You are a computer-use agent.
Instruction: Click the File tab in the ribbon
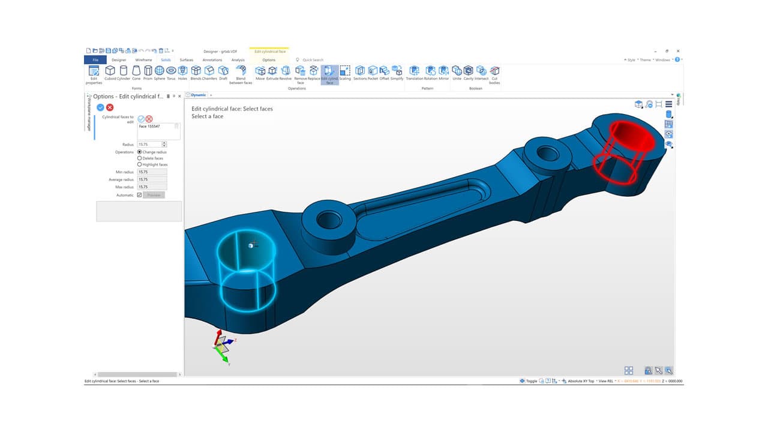[95, 60]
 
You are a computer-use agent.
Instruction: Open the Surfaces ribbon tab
[186, 60]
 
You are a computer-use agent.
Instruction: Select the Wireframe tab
[143, 60]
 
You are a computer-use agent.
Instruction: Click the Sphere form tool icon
[159, 71]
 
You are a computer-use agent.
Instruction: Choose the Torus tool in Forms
[171, 71]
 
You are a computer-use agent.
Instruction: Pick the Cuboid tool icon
[110, 71]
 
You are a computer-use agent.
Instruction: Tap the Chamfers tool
[209, 71]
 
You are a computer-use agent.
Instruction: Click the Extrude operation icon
[272, 71]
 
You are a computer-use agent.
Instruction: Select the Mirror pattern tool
[443, 71]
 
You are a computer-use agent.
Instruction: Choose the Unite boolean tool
[457, 71]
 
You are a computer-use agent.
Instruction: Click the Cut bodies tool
[494, 71]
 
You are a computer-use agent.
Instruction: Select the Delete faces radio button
[140, 158]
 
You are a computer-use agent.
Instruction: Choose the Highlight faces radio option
[140, 164]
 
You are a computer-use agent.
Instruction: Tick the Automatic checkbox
[139, 195]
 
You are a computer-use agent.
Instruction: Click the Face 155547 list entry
[149, 127]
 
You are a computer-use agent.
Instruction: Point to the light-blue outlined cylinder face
[246, 270]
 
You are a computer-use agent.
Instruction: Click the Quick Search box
[313, 60]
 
